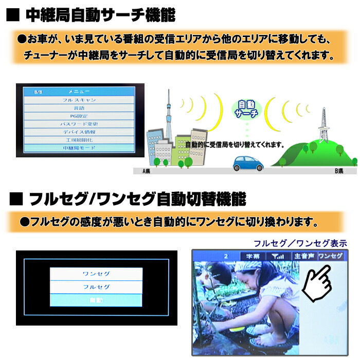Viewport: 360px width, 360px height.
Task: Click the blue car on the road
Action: pyautogui.click(x=248, y=164)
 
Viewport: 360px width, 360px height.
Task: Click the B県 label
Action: pyautogui.click(x=338, y=170)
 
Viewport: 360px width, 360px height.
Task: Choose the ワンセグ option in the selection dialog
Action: pyautogui.click(x=96, y=274)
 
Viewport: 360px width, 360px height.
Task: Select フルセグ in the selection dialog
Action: pyautogui.click(x=96, y=287)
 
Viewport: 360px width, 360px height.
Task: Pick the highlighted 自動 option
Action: pyautogui.click(x=96, y=300)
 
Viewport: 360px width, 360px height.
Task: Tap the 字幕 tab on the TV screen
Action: pyautogui.click(x=252, y=256)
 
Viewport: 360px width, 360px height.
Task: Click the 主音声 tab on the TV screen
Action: pyautogui.click(x=303, y=256)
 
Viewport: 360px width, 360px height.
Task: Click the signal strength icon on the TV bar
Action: pyautogui.click(x=278, y=256)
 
